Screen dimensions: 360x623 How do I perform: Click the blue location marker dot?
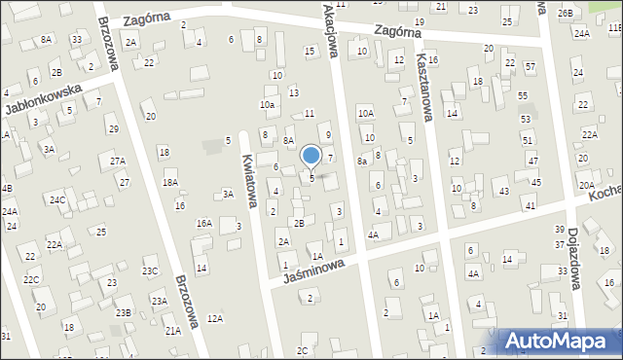[x=311, y=155]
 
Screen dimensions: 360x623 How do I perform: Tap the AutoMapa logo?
[x=557, y=340]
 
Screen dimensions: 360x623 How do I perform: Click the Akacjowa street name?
[x=332, y=29]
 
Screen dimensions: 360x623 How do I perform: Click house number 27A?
[x=118, y=162]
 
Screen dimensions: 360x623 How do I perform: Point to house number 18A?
[x=170, y=182]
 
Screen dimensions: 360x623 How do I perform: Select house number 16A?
[x=203, y=224]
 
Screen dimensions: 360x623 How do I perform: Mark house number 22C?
[x=32, y=280]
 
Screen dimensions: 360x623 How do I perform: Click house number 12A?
[x=215, y=318]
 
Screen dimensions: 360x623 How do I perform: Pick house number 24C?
[x=58, y=200]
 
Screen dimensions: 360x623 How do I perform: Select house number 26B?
[x=566, y=14]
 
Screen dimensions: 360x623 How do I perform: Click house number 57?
[x=530, y=67]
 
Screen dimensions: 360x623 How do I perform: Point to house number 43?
[x=503, y=192]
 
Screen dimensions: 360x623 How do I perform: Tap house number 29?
[x=114, y=129]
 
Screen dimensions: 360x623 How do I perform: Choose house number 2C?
[x=303, y=350]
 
